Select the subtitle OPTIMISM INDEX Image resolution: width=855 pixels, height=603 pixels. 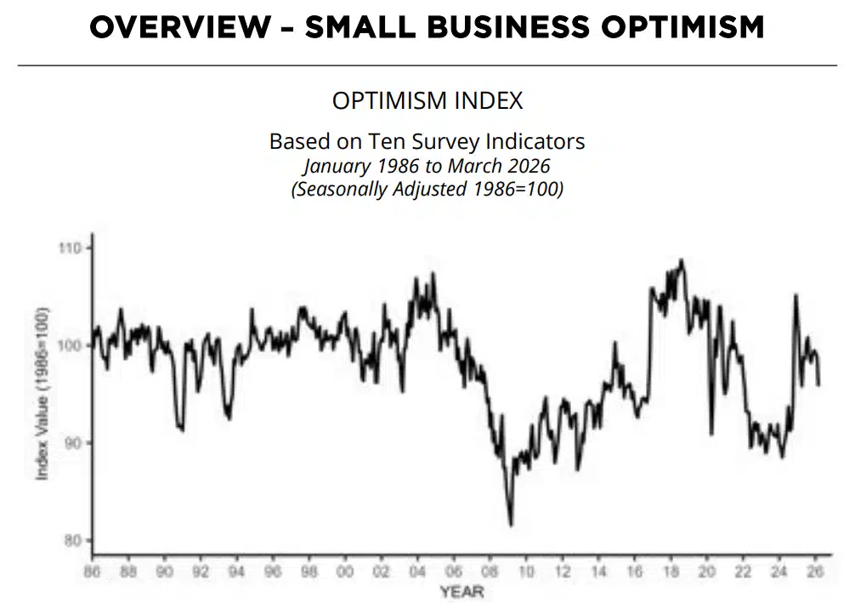pyautogui.click(x=427, y=100)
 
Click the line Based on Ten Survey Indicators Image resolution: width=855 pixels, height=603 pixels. pyautogui.click(x=427, y=140)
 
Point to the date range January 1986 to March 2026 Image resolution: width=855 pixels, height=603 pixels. pyautogui.click(x=427, y=165)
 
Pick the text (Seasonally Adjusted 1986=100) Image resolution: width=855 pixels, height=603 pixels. pyautogui.click(x=427, y=189)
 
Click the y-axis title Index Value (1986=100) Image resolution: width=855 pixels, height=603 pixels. pyautogui.click(x=42, y=394)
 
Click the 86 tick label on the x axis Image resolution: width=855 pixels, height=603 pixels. pyautogui.click(x=92, y=572)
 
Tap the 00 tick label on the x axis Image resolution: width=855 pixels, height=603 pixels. pyautogui.click(x=345, y=572)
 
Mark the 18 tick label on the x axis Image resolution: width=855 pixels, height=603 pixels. pyautogui.click(x=671, y=572)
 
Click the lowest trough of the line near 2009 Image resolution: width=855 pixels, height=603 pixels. pyautogui.click(x=511, y=525)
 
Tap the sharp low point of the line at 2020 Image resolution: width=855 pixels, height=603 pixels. pyautogui.click(x=711, y=435)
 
